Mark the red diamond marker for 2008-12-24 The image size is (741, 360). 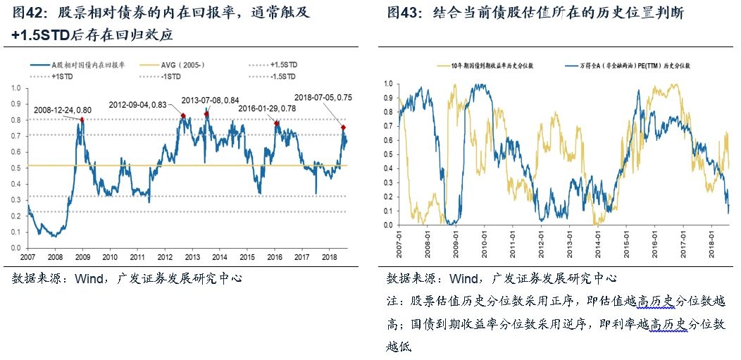(82, 120)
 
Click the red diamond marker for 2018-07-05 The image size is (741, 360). (344, 128)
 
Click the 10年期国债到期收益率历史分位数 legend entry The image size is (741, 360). (493, 65)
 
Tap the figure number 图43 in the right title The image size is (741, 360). (401, 13)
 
